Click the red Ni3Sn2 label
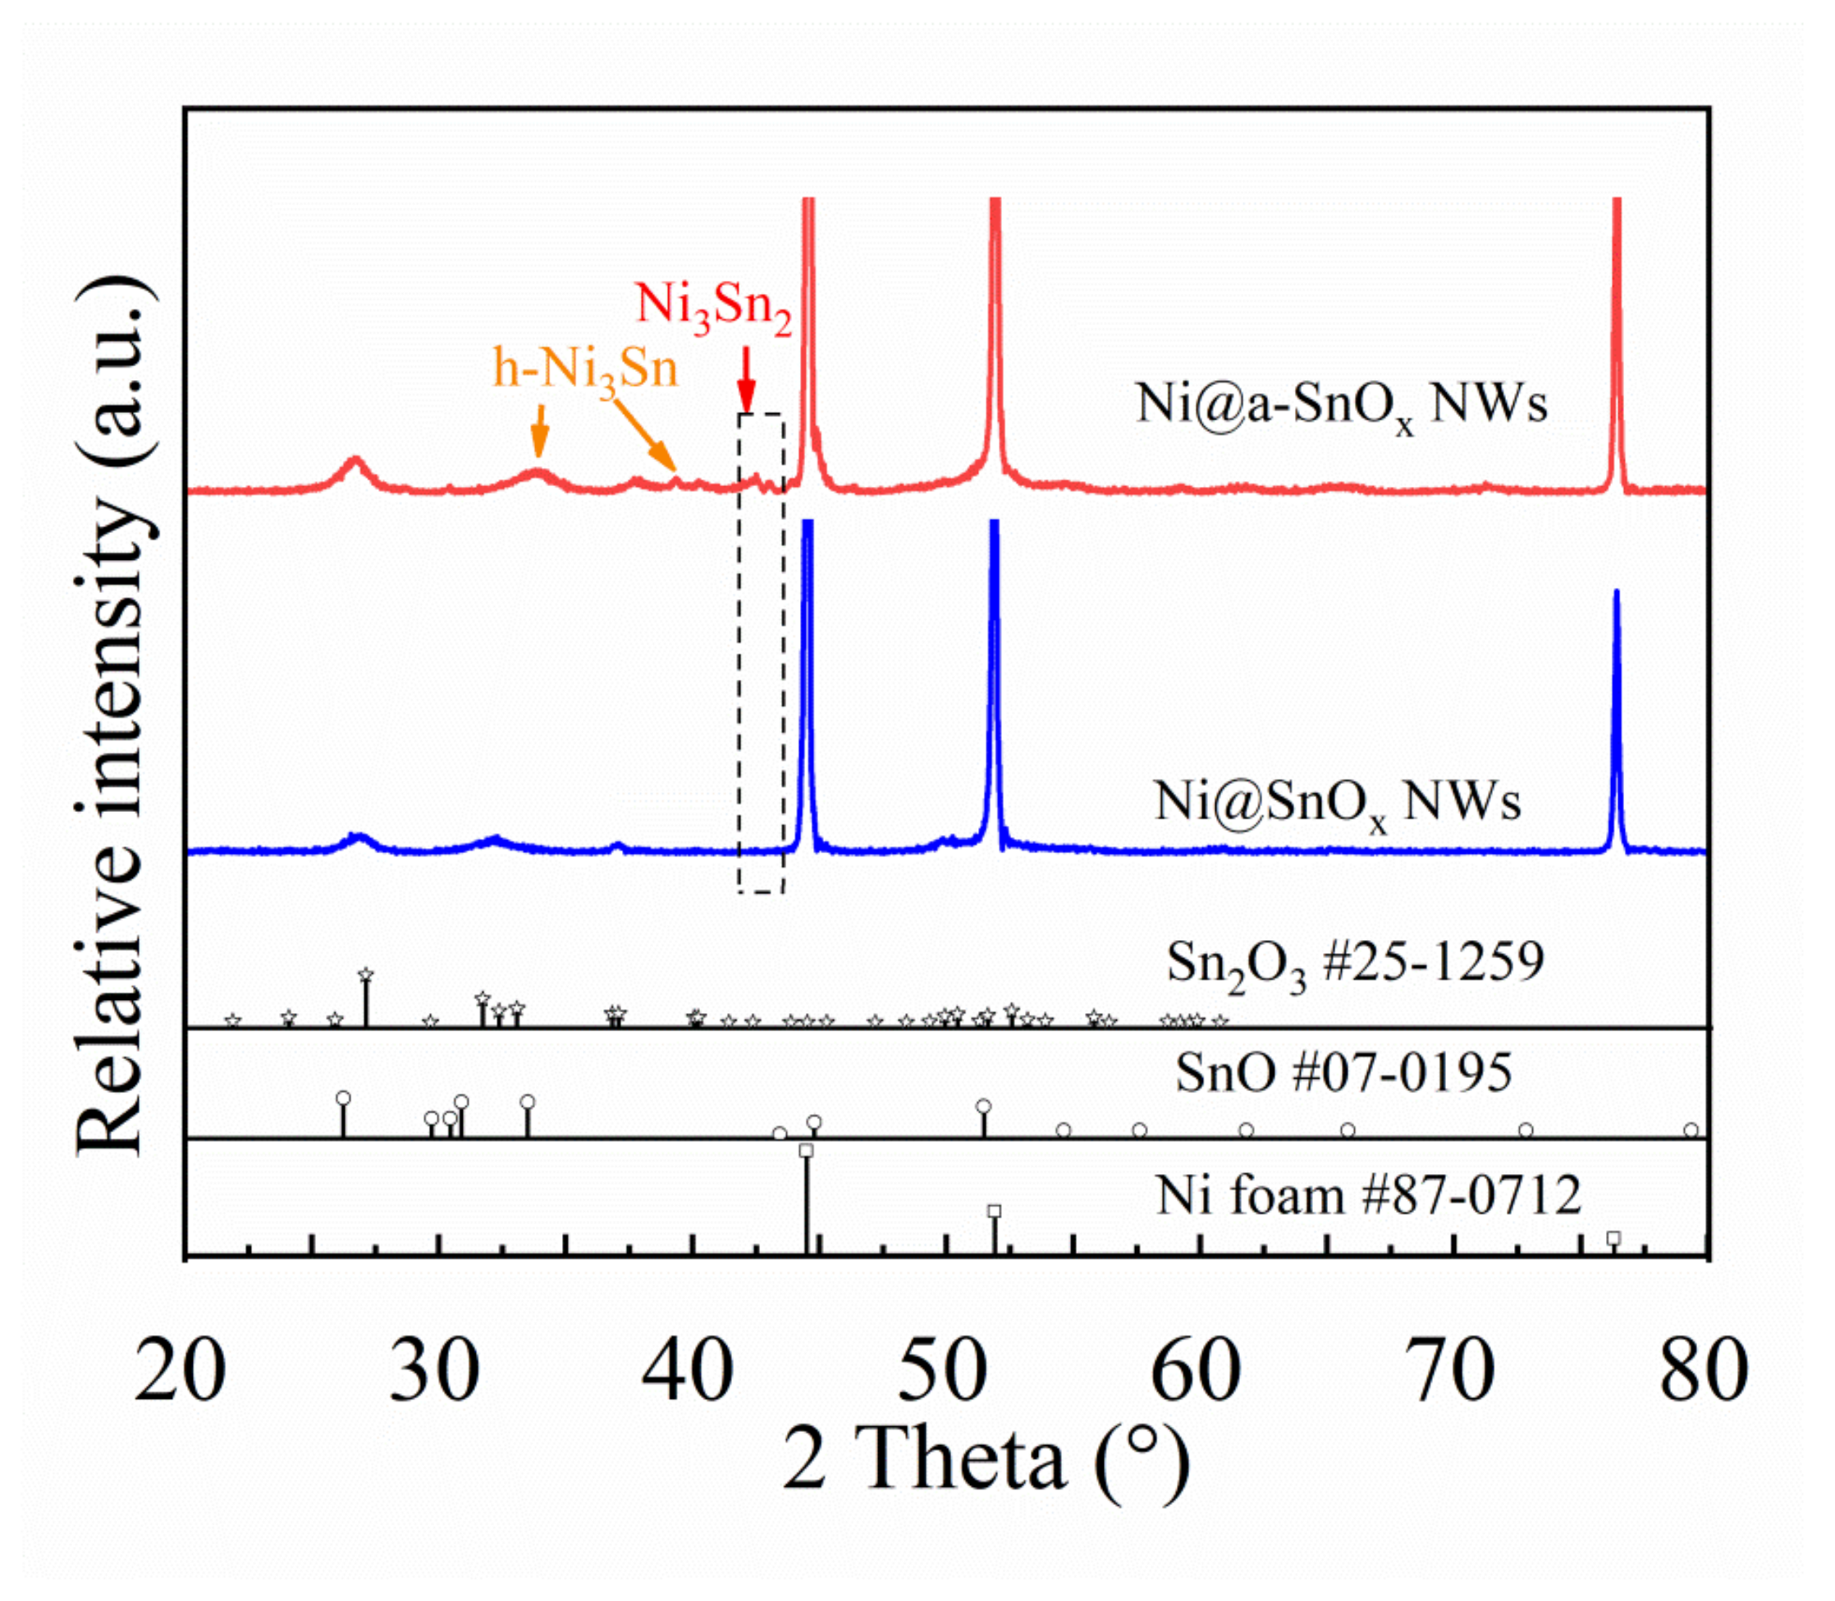coord(712,307)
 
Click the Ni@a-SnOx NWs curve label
coord(1340,405)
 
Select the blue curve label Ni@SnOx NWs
coord(1337,802)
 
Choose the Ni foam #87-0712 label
coord(1368,1195)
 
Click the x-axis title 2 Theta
coord(986,1460)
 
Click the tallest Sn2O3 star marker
coord(365,975)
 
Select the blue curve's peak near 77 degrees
coord(1615,594)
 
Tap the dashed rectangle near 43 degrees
coord(761,652)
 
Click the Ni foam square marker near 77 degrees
coord(1613,1238)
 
